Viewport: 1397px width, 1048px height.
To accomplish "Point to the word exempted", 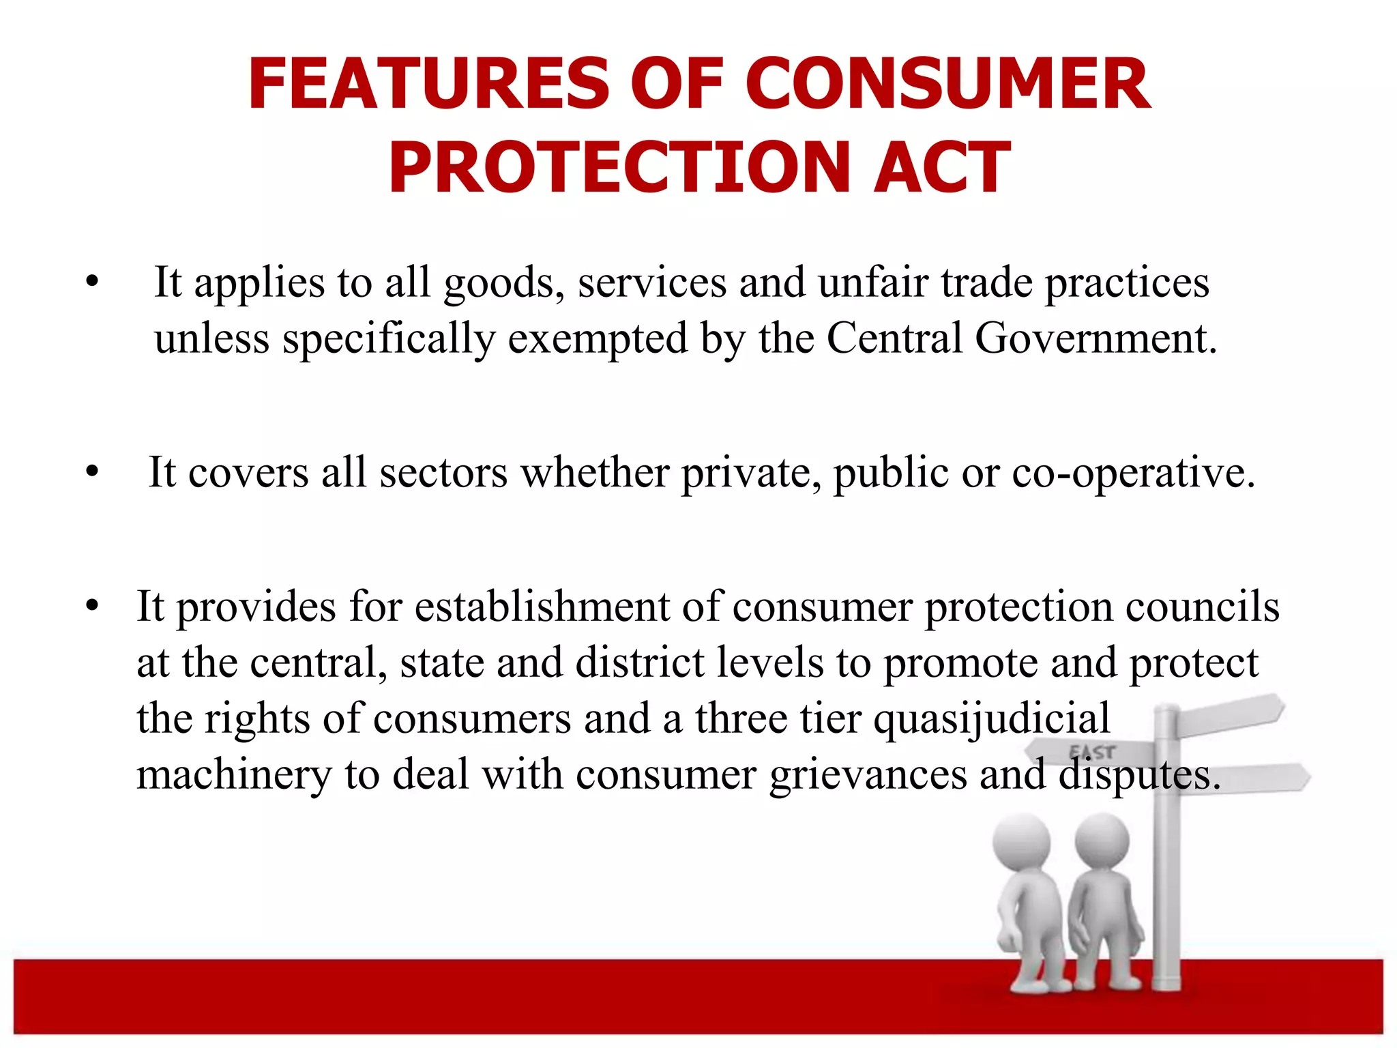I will pyautogui.click(x=598, y=339).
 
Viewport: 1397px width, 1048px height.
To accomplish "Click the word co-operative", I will pyautogui.click(x=1132, y=473).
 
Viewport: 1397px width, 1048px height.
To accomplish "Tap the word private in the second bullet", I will pyautogui.click(x=751, y=473).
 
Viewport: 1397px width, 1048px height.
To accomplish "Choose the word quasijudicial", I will pyautogui.click(x=992, y=719).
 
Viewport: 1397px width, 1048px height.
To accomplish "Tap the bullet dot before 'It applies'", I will pyautogui.click(x=93, y=282).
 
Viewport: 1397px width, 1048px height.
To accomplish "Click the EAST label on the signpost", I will pyautogui.click(x=1092, y=752).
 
